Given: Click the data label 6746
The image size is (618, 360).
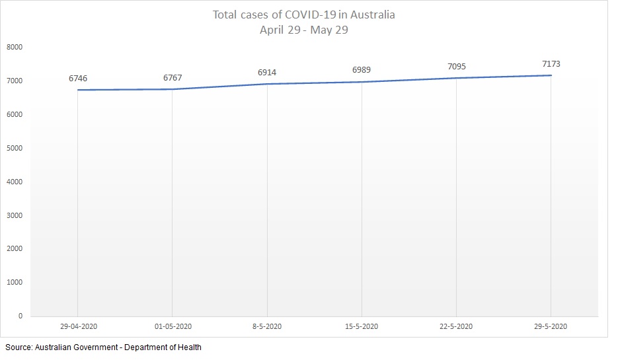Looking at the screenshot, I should (78, 79).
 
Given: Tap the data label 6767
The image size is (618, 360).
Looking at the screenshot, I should (173, 78).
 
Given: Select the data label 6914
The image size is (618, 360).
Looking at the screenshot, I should (267, 72).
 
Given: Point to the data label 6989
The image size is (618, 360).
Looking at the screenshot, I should (362, 70).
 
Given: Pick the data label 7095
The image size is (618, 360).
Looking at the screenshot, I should (456, 67).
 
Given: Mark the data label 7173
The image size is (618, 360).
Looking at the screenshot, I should (551, 64).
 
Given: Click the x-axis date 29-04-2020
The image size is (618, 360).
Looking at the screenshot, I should (78, 326).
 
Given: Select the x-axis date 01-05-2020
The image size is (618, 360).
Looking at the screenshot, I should (173, 326).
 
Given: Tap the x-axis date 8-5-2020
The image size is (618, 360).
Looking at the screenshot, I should (267, 326).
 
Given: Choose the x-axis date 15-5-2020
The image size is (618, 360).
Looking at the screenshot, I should (362, 326).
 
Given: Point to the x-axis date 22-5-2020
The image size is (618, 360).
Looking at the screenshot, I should (456, 326).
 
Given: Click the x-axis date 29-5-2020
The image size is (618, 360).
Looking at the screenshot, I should (551, 326).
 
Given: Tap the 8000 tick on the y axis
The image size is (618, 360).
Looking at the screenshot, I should (15, 48).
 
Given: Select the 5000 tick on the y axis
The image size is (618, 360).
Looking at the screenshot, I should (15, 148).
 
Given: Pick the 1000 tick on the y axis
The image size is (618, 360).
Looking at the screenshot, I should (15, 282).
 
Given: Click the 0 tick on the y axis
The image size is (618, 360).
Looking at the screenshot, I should (20, 316).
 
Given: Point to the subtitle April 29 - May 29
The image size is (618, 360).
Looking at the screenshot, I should (305, 30).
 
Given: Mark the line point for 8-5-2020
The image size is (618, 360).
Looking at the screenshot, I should (267, 84).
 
